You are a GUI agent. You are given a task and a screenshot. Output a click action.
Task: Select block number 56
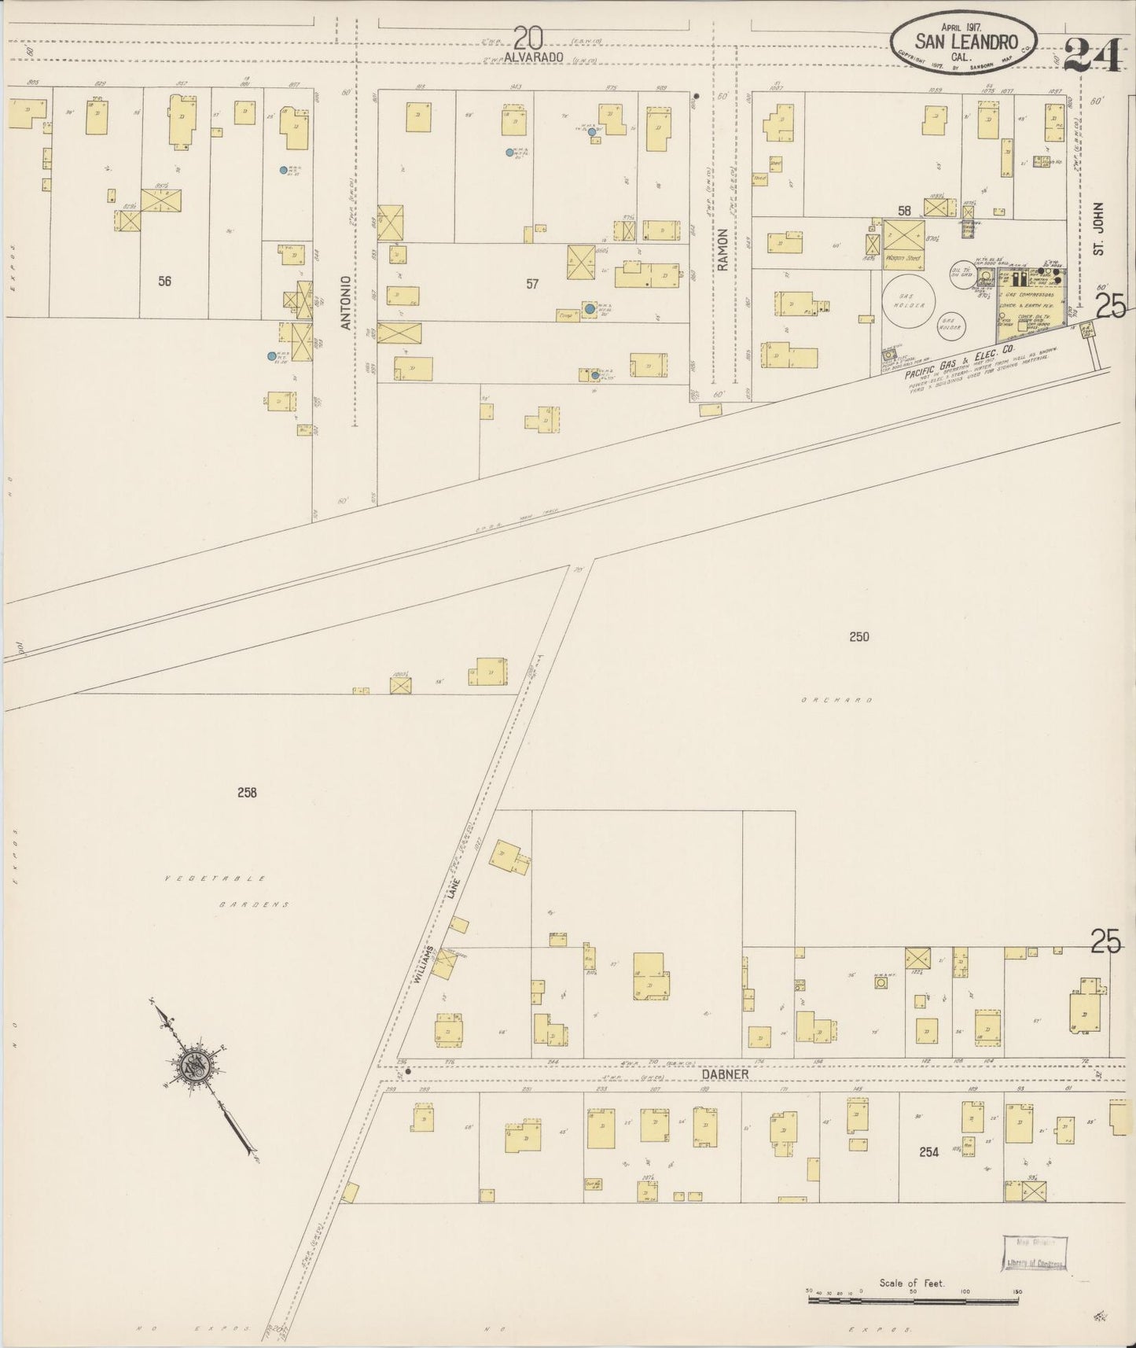164,282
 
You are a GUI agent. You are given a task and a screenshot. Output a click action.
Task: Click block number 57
532,284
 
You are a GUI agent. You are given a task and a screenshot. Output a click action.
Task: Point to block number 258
246,793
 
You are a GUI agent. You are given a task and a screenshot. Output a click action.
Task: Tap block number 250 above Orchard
858,636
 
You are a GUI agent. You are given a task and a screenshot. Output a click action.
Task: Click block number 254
929,1152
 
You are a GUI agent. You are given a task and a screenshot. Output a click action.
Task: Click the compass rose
193,1066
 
